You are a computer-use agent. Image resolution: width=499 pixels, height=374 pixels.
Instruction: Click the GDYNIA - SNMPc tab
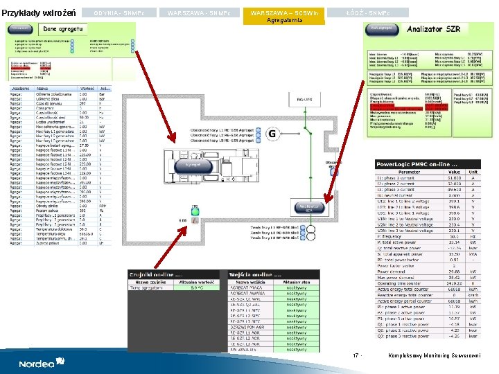[114, 13]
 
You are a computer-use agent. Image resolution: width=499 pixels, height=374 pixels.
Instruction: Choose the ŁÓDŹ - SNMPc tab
[368, 13]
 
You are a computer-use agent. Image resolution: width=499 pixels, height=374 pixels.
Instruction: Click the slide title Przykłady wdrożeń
[38, 13]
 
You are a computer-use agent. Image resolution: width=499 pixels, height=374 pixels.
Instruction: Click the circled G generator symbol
[272, 133]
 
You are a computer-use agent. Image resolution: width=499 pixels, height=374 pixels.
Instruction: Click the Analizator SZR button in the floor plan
[309, 207]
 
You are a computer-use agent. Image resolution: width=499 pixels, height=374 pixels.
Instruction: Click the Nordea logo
[42, 362]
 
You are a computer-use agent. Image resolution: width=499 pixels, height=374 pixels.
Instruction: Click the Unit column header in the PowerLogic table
[473, 172]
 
